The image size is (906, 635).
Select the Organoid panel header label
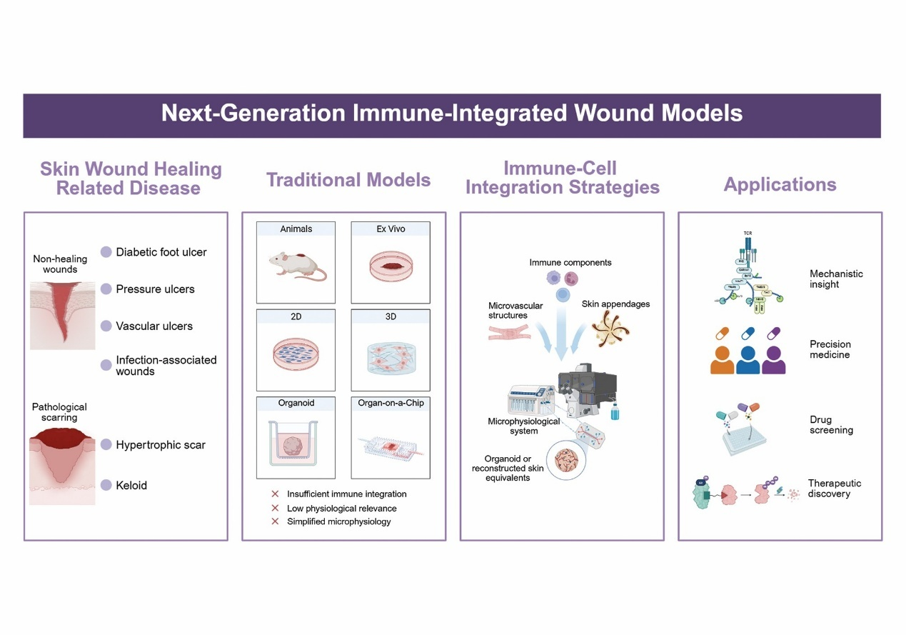[x=296, y=403]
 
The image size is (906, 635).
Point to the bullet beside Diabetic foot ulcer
[x=106, y=251]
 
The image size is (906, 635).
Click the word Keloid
[x=131, y=485]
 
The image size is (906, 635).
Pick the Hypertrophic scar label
[x=161, y=444]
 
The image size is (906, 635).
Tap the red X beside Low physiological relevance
[x=275, y=508]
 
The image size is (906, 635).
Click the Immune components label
[x=570, y=262]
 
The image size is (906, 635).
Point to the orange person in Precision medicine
[x=723, y=358]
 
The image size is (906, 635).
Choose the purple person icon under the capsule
[x=774, y=358]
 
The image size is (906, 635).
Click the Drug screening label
[x=831, y=425]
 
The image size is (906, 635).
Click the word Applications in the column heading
[x=780, y=185]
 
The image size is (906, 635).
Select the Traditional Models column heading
[x=348, y=179]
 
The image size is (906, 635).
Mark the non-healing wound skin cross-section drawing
[x=63, y=315]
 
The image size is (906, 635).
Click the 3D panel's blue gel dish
[x=391, y=355]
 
